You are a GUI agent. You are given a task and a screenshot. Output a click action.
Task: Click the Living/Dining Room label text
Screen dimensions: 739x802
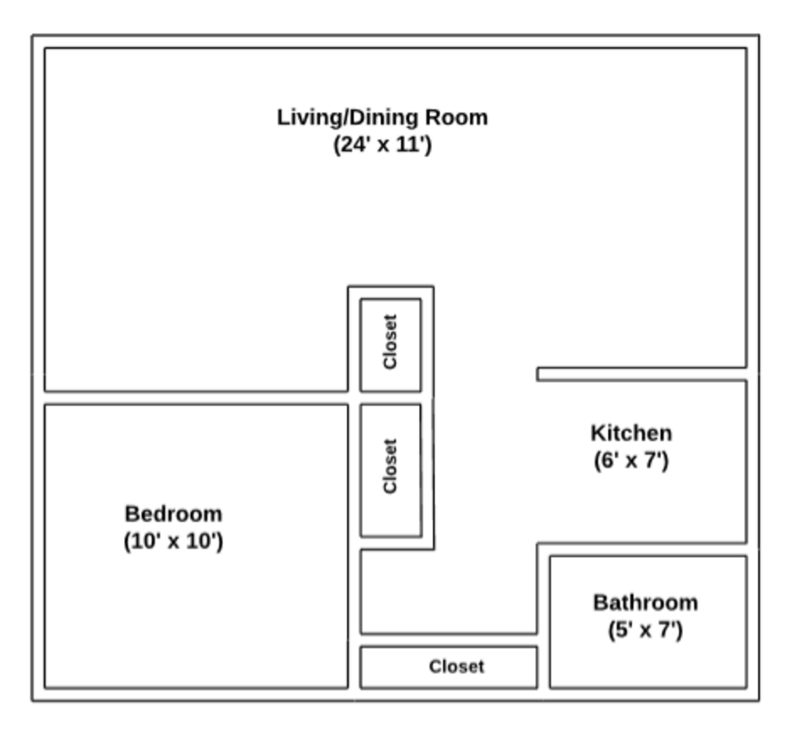click(382, 117)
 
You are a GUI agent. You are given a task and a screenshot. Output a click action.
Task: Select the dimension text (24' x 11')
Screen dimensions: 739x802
click(382, 145)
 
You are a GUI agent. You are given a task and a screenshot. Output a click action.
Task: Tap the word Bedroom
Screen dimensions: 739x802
click(173, 514)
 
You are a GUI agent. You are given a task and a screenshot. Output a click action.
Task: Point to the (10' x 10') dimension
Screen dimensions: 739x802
click(173, 541)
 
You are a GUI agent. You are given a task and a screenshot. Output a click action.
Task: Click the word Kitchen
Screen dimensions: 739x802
click(630, 433)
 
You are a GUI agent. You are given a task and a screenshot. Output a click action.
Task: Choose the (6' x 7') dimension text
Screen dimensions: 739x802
click(630, 460)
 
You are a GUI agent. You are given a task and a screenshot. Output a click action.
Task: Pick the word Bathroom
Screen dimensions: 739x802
click(645, 603)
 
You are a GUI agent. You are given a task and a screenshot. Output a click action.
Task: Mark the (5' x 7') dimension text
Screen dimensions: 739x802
click(645, 629)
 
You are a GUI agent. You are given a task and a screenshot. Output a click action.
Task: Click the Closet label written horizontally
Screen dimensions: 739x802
click(456, 667)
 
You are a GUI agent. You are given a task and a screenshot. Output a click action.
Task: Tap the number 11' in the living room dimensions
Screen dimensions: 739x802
click(412, 145)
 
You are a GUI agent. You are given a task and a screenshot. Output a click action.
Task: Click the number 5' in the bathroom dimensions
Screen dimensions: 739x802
click(619, 629)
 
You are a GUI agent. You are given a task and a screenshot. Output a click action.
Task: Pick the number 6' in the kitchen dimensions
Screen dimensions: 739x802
click(605, 460)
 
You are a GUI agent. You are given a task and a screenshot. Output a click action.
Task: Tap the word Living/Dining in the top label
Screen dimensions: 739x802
click(348, 117)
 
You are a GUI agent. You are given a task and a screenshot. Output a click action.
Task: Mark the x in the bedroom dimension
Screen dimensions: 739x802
click(173, 542)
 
